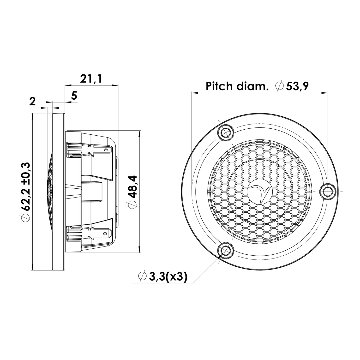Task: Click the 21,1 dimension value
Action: (x=91, y=79)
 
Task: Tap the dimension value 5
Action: (x=74, y=96)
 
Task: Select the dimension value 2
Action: (x=32, y=102)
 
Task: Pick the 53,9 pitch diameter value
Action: (x=297, y=86)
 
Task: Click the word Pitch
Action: (x=219, y=86)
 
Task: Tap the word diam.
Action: (x=252, y=86)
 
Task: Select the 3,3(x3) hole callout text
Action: (x=167, y=276)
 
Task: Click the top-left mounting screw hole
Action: (x=226, y=132)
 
